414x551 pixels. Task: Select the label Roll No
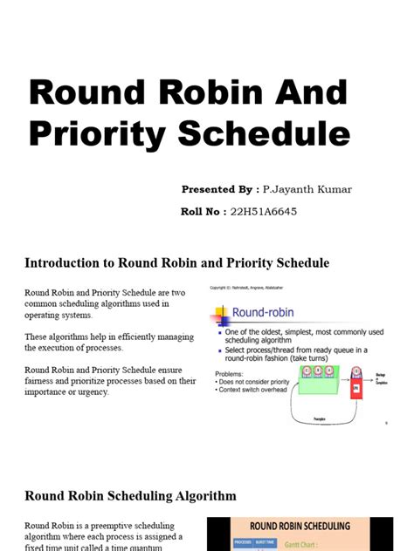204,211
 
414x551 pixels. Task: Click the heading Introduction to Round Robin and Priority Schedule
176,262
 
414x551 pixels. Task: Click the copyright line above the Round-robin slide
252,288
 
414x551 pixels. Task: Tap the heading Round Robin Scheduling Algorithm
130,496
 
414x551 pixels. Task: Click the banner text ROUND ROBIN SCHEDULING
300,527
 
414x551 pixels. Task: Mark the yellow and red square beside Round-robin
220,311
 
